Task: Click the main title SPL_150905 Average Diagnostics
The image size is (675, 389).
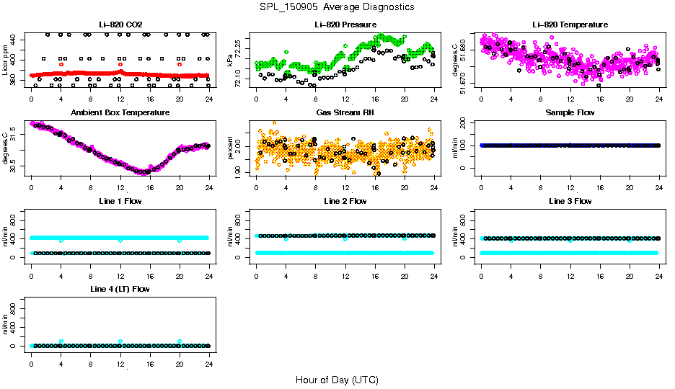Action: (337, 6)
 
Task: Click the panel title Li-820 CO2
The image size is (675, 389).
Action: (120, 24)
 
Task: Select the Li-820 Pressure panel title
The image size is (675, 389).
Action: (345, 24)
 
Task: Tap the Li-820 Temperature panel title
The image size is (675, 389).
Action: (570, 24)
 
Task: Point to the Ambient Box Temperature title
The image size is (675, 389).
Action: (120, 112)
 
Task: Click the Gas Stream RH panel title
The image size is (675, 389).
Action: (345, 112)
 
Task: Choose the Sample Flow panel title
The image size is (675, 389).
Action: (570, 112)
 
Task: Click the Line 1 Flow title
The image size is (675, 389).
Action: (120, 201)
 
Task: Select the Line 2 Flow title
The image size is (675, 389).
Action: (345, 201)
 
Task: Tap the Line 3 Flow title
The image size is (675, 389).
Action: (570, 201)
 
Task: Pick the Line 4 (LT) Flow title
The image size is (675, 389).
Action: (120, 289)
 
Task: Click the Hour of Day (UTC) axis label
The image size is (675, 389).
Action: (337, 380)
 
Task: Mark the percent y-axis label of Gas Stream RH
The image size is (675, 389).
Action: (230, 148)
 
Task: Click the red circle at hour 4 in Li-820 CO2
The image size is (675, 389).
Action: (61, 64)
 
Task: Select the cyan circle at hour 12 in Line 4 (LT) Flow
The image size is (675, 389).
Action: (120, 341)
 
